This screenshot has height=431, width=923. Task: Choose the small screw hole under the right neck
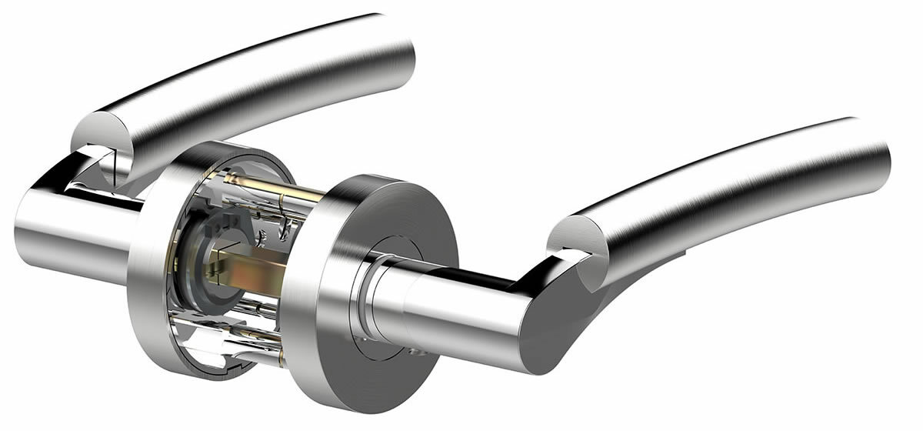click(x=415, y=352)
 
